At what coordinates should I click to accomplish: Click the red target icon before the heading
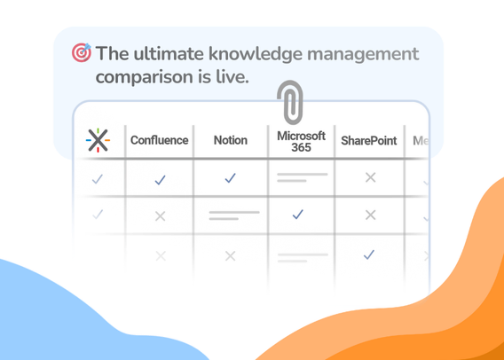tap(82, 53)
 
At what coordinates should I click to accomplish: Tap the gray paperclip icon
tap(289, 103)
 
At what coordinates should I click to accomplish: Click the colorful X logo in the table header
tap(98, 140)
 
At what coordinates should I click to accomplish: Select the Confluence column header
tap(160, 140)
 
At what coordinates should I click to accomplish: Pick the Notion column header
tap(231, 140)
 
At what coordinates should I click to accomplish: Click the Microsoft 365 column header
tap(301, 141)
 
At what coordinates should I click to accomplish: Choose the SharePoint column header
tap(369, 140)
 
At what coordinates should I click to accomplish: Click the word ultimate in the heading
tap(168, 54)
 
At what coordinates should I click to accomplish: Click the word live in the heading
tap(232, 77)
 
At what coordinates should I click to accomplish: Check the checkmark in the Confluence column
tap(160, 179)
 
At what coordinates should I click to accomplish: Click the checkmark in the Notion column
tap(231, 178)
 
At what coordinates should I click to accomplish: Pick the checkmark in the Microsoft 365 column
tap(298, 214)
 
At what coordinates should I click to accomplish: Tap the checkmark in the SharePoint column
tap(369, 254)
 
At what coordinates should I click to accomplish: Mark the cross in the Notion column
tap(231, 255)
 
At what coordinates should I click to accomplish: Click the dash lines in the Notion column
tap(232, 215)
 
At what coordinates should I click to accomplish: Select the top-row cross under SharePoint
tap(370, 177)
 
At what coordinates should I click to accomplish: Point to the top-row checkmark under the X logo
tap(98, 179)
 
